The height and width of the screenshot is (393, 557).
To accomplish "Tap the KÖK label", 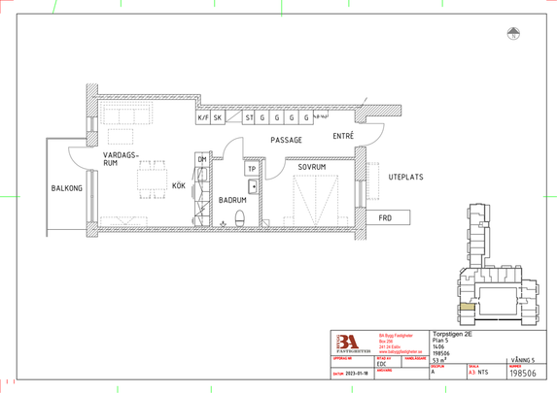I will [x=179, y=183].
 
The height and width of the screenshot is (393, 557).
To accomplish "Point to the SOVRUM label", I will [x=312, y=167].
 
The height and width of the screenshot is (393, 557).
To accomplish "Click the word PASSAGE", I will [x=287, y=140].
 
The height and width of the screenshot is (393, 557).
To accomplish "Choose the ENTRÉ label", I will [x=343, y=137].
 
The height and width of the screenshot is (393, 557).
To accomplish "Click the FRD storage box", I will [x=385, y=217].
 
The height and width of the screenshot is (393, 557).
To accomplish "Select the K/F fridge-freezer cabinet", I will [x=203, y=117].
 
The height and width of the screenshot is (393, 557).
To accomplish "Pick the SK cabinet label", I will [x=219, y=117].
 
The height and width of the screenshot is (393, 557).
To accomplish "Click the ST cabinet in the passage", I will [x=250, y=117].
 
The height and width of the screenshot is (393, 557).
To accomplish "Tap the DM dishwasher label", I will [x=202, y=159].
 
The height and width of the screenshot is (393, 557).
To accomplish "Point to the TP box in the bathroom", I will [x=252, y=169].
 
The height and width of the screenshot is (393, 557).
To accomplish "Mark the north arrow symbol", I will [x=512, y=35].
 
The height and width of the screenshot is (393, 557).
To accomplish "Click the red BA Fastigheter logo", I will [x=347, y=344].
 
